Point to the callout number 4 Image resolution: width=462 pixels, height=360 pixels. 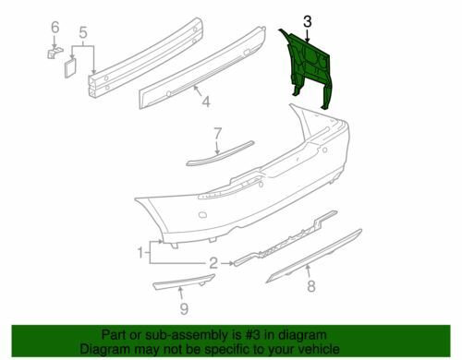(x=206, y=102)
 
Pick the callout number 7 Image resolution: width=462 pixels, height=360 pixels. (x=217, y=133)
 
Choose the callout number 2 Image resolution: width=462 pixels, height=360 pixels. (x=213, y=264)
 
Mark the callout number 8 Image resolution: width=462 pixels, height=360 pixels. (x=310, y=286)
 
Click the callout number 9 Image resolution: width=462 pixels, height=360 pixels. (x=183, y=308)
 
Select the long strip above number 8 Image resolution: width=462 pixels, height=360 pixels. (x=314, y=261)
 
